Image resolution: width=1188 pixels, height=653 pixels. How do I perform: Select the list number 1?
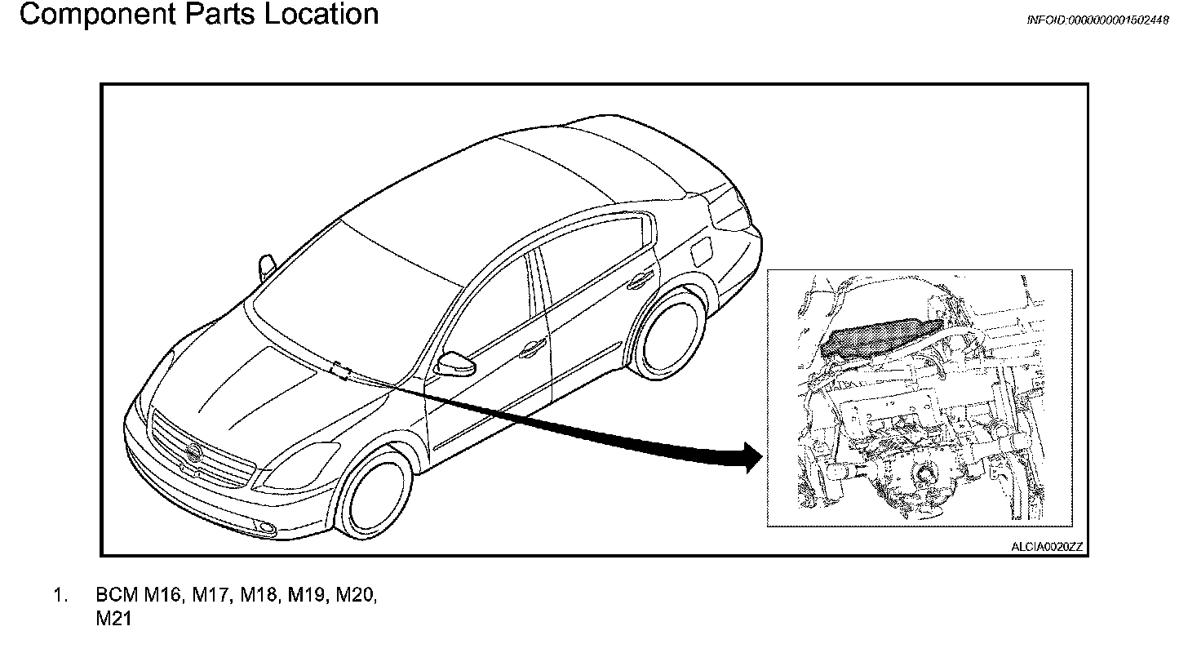coord(60,596)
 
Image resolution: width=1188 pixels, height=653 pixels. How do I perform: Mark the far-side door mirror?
coord(267,267)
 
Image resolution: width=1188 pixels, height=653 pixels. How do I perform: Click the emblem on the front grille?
coord(193,455)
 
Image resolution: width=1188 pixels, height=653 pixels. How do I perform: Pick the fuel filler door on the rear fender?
coord(700,252)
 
